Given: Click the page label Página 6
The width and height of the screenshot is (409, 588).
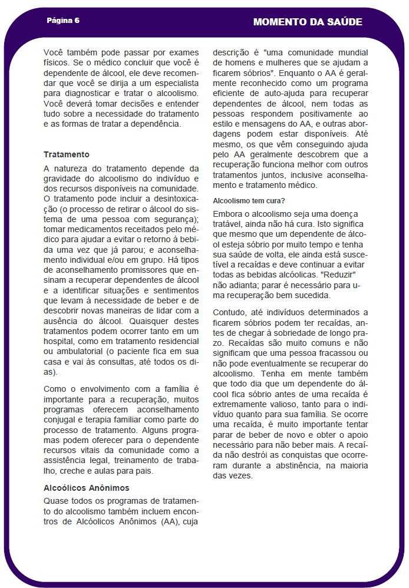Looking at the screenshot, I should click(63, 20).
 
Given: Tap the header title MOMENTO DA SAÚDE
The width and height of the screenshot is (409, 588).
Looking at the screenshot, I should click(308, 22).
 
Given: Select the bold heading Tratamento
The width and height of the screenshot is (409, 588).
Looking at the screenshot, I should click(67, 154).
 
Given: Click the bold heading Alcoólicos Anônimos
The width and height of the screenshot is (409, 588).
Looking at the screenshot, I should click(87, 488).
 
